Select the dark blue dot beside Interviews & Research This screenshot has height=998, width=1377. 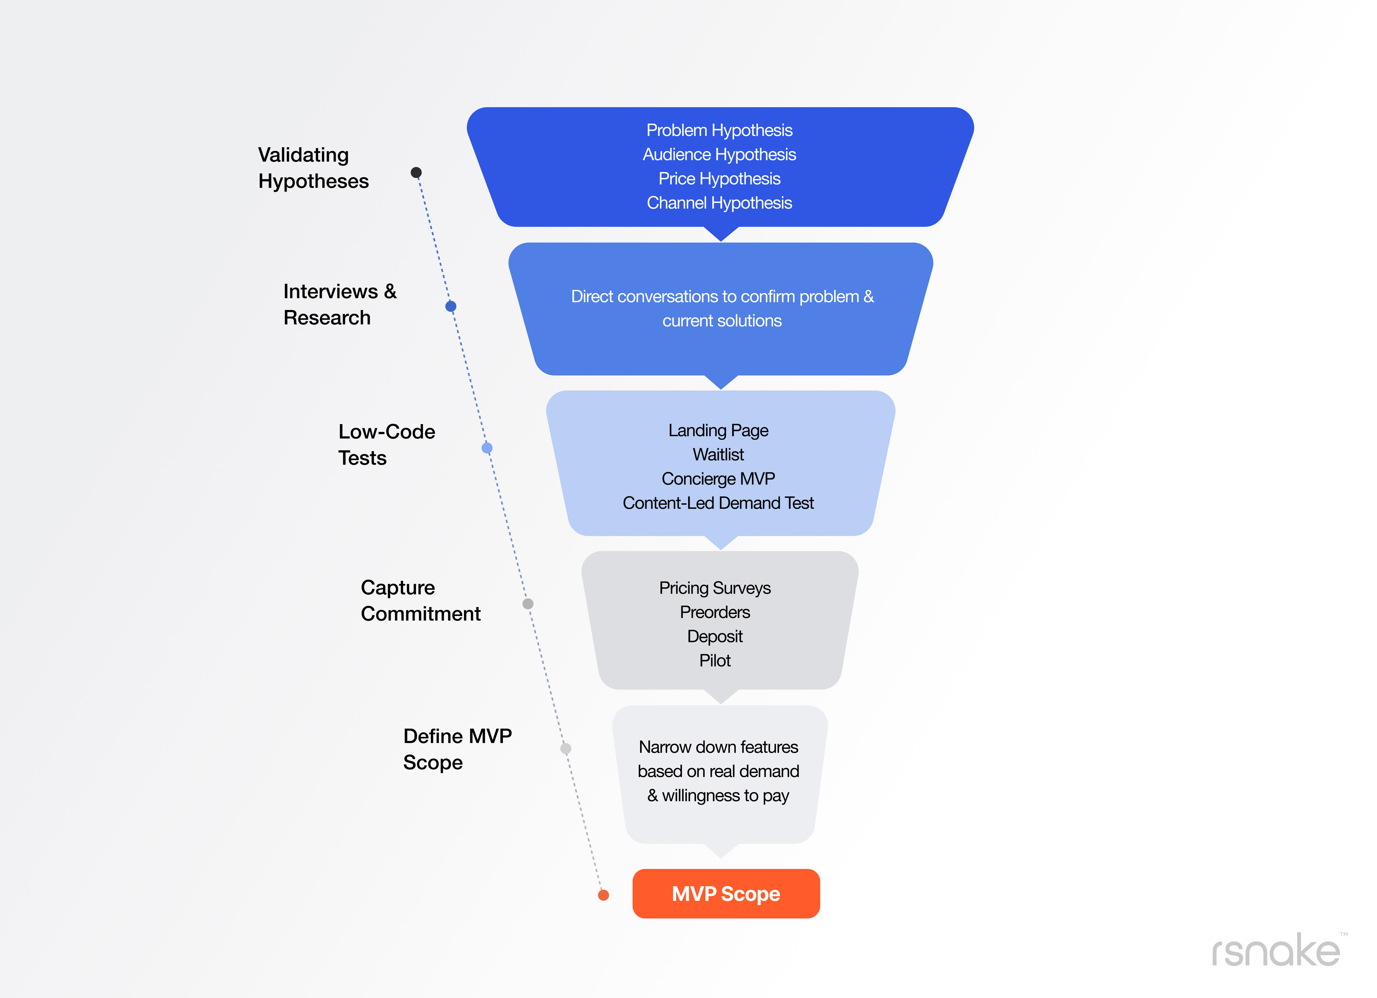point(450,306)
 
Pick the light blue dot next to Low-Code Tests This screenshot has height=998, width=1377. point(487,448)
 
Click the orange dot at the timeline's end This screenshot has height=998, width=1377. point(603,895)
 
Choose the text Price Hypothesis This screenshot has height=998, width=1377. point(719,178)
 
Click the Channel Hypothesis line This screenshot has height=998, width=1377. point(719,203)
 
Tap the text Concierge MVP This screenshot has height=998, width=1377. point(718,479)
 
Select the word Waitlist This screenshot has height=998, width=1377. point(718,455)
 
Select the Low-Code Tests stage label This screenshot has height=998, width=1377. point(387,444)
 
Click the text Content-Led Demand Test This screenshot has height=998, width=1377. point(718,503)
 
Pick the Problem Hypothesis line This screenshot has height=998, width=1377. point(719,130)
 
